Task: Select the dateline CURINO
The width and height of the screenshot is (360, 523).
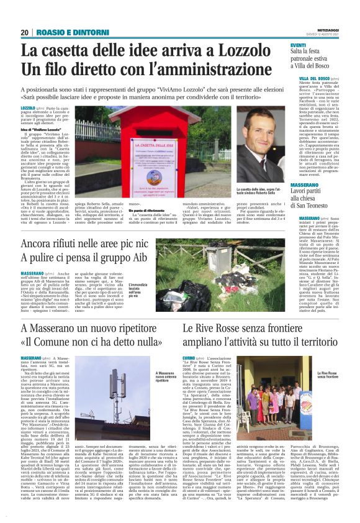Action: coord(188,359)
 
